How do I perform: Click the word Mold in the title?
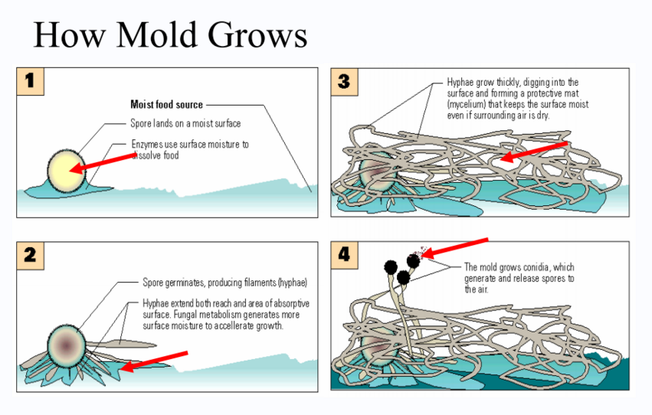(158, 35)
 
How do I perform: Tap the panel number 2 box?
(30, 255)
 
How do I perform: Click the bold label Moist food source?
(166, 105)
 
